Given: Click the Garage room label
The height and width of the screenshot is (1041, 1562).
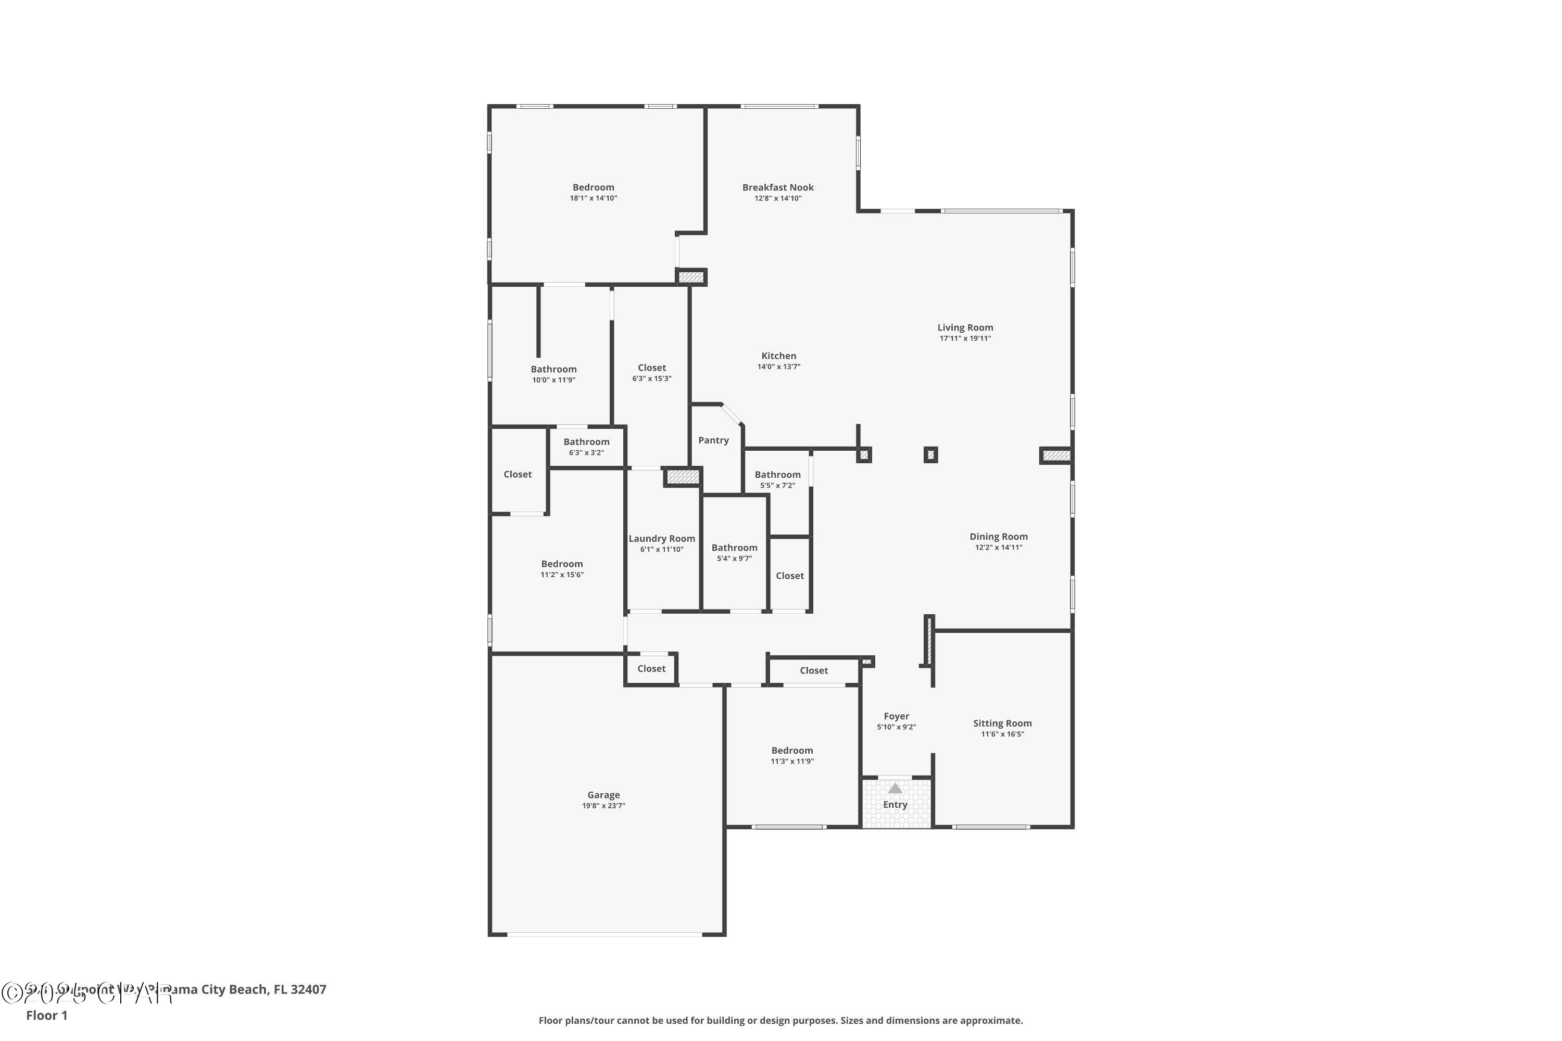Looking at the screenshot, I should pos(603,795).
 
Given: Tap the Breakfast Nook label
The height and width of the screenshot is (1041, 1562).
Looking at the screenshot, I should pos(778,187).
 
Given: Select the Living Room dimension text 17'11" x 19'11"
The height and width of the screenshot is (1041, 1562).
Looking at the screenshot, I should pos(965,338).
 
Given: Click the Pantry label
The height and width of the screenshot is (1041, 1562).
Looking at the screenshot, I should pos(713,440).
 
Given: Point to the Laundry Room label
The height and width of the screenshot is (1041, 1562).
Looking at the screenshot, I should pos(661,538).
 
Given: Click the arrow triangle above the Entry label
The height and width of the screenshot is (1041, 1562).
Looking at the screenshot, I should pos(895,788).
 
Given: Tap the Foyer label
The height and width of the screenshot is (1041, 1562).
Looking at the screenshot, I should pos(896,716).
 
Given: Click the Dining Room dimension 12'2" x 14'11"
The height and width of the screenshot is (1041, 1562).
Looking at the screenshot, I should pos(998,547).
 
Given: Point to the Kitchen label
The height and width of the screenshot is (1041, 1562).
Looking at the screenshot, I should pos(778,356).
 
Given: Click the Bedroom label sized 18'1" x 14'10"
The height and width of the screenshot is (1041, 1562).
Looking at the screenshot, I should pos(593,187).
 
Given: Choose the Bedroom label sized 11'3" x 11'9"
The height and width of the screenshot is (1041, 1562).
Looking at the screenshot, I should pos(791,750).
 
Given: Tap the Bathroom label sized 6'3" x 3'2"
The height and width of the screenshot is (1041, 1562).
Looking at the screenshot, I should pos(586,441).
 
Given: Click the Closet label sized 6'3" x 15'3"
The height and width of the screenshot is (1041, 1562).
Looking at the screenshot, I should pos(651,368).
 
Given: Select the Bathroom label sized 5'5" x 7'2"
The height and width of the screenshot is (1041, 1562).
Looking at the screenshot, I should pos(777,474).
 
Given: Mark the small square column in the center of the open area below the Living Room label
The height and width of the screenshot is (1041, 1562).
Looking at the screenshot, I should pos(930,455).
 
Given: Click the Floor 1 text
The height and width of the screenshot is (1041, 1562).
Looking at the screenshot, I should pos(46,1015).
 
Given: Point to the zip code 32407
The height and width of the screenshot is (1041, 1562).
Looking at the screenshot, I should pos(308,989).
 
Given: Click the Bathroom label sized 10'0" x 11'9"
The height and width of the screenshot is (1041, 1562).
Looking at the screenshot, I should pos(553,369).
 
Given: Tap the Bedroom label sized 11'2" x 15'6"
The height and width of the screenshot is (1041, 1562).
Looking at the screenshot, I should pos(562,564).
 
